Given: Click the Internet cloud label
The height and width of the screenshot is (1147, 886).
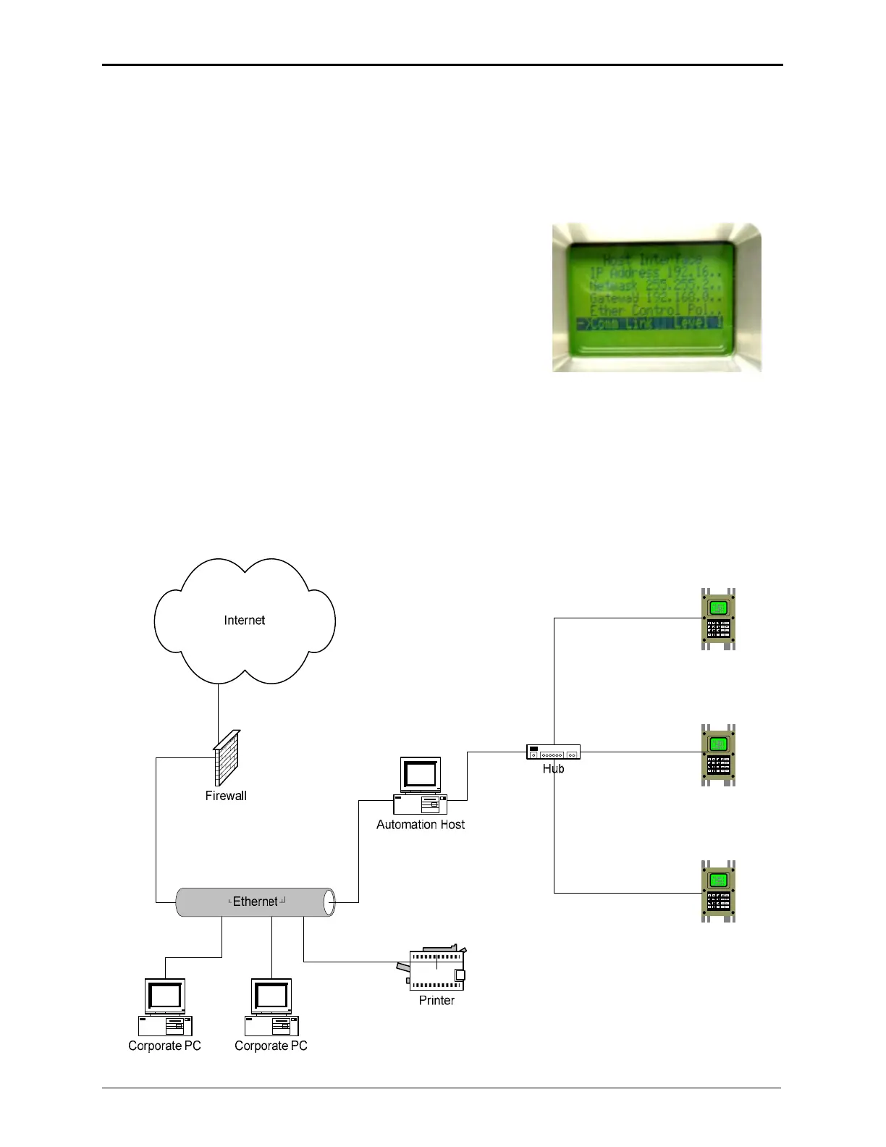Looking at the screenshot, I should pyautogui.click(x=245, y=621).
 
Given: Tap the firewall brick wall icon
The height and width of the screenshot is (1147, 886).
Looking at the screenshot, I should pyautogui.click(x=227, y=758).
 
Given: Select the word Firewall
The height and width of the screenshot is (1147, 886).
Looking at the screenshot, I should pyautogui.click(x=226, y=796).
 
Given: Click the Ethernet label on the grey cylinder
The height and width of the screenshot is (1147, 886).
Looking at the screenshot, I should pyautogui.click(x=255, y=902).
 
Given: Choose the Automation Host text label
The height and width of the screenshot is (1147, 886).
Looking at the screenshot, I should pyautogui.click(x=421, y=825).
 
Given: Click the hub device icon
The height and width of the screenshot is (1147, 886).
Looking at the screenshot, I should pyautogui.click(x=553, y=752).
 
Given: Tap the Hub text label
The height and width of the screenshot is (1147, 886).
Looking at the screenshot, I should pyautogui.click(x=553, y=769).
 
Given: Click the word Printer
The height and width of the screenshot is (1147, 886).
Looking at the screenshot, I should pyautogui.click(x=436, y=1001).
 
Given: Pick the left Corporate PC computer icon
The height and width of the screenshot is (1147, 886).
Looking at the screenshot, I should pyautogui.click(x=165, y=1007).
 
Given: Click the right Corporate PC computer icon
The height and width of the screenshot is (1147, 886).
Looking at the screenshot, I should pyautogui.click(x=271, y=1007).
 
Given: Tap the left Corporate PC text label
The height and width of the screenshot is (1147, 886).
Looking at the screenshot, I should pyautogui.click(x=164, y=1046).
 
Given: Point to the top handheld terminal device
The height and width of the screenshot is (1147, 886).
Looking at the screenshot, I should pyautogui.click(x=718, y=619).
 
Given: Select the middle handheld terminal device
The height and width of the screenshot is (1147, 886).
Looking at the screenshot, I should pyautogui.click(x=718, y=755).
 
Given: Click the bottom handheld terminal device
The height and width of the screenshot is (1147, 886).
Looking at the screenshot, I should pyautogui.click(x=718, y=891).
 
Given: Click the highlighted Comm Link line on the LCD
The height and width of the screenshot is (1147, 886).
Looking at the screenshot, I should pyautogui.click(x=649, y=324).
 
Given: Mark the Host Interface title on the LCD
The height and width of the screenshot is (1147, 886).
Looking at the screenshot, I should pyautogui.click(x=652, y=259).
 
